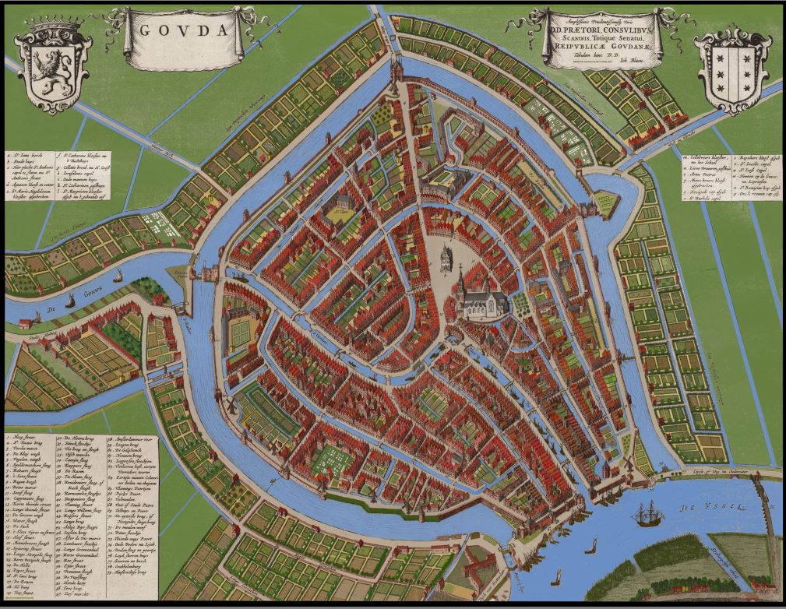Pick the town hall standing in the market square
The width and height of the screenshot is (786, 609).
coord(446,257)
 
